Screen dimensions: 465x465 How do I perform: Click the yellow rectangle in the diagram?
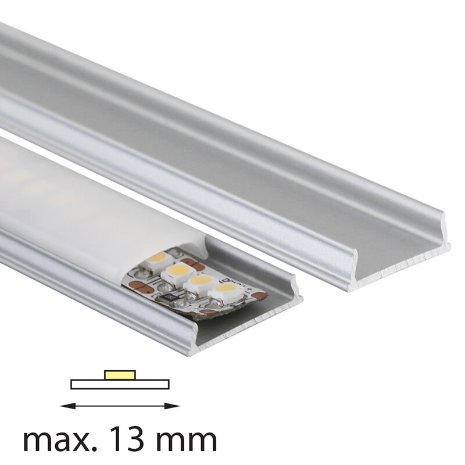coord(120,374)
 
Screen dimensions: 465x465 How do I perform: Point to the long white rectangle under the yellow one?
coord(120,384)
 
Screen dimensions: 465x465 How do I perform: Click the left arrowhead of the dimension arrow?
coord(67,406)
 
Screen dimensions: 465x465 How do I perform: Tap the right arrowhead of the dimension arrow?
coord(172,406)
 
